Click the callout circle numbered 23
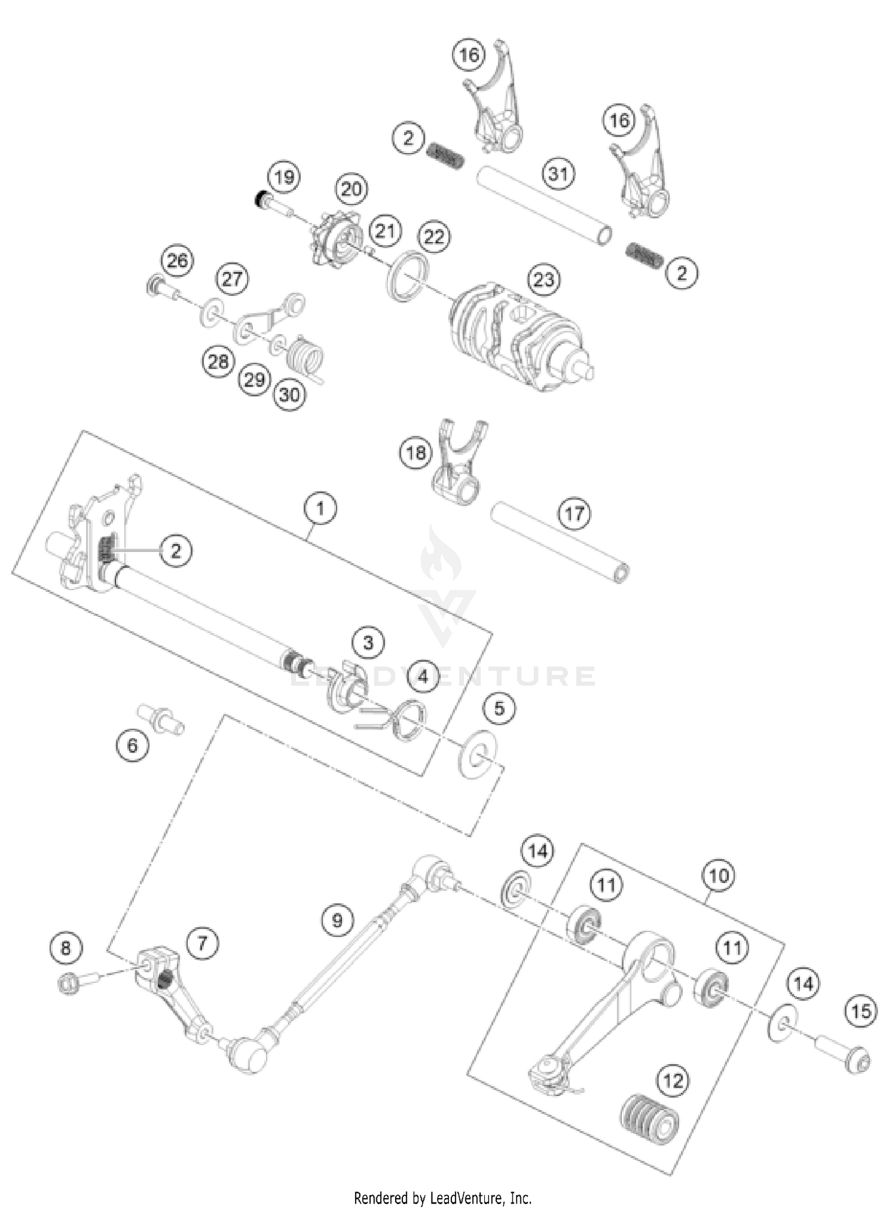543,279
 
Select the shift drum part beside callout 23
520,337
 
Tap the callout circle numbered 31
558,174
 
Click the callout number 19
284,177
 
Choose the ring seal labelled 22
408,271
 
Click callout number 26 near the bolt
177,260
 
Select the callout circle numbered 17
574,513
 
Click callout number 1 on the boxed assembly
320,508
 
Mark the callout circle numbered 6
132,745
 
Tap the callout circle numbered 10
718,875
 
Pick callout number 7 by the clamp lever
202,942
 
